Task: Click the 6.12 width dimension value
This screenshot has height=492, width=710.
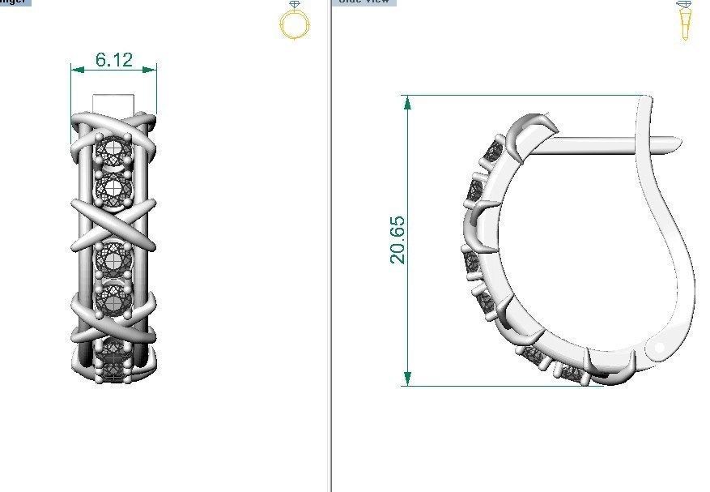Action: click(x=113, y=59)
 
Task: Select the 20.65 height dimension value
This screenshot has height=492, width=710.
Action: click(x=398, y=240)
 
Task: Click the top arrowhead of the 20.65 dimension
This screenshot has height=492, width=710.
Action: click(x=407, y=102)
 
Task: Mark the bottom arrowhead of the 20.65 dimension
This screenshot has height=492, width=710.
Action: click(x=407, y=379)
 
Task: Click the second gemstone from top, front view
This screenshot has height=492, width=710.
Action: click(x=113, y=189)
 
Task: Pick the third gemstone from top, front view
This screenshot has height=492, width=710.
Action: click(x=113, y=259)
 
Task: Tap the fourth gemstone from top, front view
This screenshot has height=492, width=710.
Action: click(x=113, y=299)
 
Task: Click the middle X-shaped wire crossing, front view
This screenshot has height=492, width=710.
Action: click(x=113, y=223)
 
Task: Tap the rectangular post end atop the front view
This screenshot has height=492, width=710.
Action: click(x=113, y=103)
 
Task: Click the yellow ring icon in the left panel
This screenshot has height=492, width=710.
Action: click(x=293, y=21)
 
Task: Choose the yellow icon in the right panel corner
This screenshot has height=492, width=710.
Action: click(x=685, y=21)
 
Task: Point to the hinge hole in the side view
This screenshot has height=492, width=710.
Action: click(x=658, y=348)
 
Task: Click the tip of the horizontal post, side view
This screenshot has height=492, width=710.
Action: click(x=676, y=145)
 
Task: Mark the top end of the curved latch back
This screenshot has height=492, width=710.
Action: click(x=646, y=101)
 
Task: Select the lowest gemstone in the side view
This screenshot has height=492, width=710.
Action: click(x=572, y=374)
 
